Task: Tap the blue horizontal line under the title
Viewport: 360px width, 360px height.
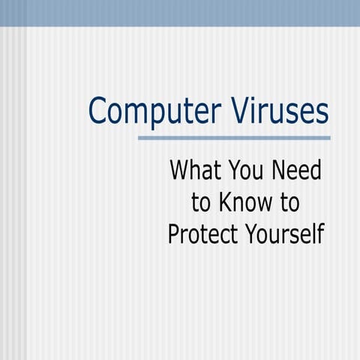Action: [x=234, y=138]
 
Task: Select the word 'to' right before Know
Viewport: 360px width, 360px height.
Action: [x=199, y=202]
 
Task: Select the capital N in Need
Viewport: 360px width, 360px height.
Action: [x=280, y=170]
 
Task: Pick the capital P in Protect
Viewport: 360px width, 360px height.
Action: [x=173, y=234]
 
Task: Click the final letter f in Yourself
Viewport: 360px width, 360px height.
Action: [x=320, y=233]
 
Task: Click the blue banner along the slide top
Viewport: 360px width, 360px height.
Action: [x=180, y=13]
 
